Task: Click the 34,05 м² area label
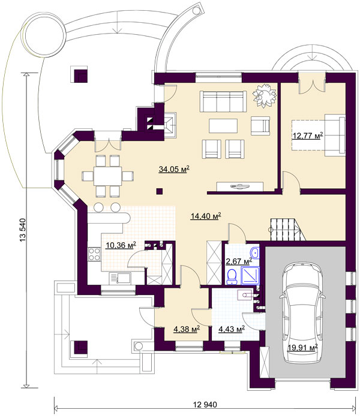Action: pyautogui.click(x=174, y=169)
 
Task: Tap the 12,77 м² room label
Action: pyautogui.click(x=307, y=135)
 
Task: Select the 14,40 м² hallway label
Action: pyautogui.click(x=206, y=216)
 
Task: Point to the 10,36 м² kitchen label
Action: pyautogui.click(x=121, y=245)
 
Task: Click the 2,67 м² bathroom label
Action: pyautogui.click(x=239, y=261)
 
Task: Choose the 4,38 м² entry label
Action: pyautogui.click(x=187, y=329)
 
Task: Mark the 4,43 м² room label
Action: pyautogui.click(x=231, y=329)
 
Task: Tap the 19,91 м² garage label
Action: pyautogui.click(x=302, y=347)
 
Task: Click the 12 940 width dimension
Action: pyautogui.click(x=205, y=405)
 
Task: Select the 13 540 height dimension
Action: pyautogui.click(x=23, y=230)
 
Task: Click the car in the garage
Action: pyautogui.click(x=302, y=313)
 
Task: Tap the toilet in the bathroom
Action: pyautogui.click(x=232, y=276)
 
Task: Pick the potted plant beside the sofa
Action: pyautogui.click(x=264, y=96)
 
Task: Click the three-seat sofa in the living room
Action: pyautogui.click(x=223, y=101)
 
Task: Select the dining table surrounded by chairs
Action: pyautogui.click(x=107, y=176)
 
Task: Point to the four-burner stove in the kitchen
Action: pyautogui.click(x=94, y=254)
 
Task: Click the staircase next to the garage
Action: pyautogui.click(x=286, y=230)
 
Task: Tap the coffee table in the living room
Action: pyautogui.click(x=223, y=126)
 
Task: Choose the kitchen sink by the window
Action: pyautogui.click(x=120, y=279)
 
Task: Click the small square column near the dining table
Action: pyautogui.click(x=159, y=191)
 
